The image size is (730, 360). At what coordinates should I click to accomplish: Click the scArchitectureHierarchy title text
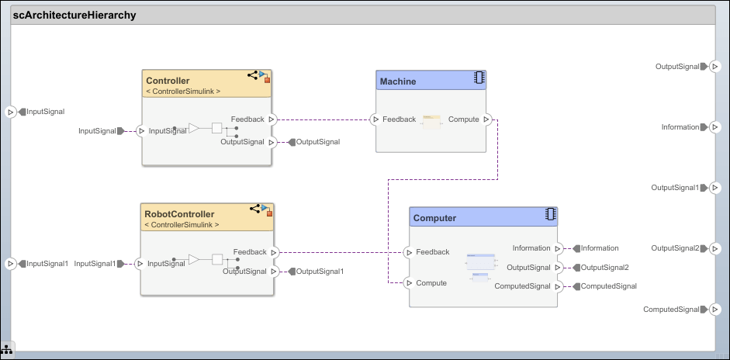click(x=74, y=15)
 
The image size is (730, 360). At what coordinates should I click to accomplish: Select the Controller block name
click(x=168, y=81)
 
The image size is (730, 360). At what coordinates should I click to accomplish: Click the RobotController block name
click(x=180, y=214)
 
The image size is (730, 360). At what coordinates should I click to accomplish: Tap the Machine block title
click(x=397, y=81)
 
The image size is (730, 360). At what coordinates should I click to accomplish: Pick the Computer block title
click(x=434, y=218)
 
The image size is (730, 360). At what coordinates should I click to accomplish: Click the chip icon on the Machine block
click(x=479, y=78)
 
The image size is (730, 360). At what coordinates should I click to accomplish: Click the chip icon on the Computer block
click(x=551, y=214)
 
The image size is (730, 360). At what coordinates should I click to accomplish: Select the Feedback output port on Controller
click(x=272, y=119)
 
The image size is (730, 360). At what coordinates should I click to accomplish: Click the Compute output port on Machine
click(x=486, y=119)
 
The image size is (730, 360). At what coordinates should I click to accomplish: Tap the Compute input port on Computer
click(x=409, y=283)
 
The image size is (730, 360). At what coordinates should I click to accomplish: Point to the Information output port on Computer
click(x=558, y=248)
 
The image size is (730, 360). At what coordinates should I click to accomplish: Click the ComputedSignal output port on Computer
click(x=558, y=286)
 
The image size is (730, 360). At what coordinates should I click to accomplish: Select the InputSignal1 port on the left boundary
click(x=10, y=264)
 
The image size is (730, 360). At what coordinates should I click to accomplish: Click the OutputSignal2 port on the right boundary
click(x=714, y=248)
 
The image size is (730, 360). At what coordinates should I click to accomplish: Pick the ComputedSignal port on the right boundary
click(x=714, y=310)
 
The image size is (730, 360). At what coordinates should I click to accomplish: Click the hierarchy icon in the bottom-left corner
click(x=6, y=350)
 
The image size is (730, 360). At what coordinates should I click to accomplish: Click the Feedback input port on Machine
click(x=375, y=119)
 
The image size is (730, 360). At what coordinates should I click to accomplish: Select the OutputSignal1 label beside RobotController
click(x=320, y=272)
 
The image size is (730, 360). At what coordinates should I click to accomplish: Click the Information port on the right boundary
click(x=714, y=127)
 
